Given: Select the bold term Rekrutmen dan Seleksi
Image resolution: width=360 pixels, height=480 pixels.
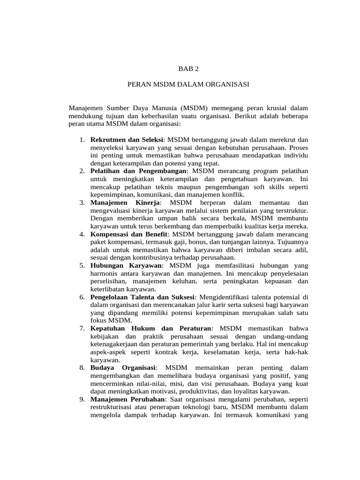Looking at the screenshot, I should tap(127, 140).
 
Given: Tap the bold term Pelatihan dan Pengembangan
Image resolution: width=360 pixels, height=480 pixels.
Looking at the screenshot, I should tap(138, 171).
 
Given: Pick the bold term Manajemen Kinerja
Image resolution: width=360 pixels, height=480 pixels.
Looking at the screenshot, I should tap(126, 202).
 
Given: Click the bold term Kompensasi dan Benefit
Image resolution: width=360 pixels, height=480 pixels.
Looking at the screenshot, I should tap(129, 234).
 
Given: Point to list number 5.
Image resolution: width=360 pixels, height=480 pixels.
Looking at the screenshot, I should tap(82, 265).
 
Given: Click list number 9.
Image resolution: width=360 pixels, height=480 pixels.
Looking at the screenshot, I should tap(82, 399).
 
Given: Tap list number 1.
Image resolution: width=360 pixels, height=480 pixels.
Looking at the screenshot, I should tap(82, 140).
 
